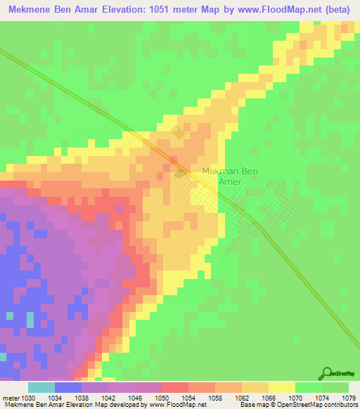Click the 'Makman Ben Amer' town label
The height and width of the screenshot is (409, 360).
tap(221, 176)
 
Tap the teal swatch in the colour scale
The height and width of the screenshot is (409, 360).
tap(41, 387)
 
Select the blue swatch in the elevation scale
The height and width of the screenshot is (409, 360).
tap(68, 387)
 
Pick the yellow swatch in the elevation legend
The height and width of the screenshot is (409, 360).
tap(282, 387)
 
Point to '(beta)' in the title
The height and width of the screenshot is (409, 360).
tap(336, 10)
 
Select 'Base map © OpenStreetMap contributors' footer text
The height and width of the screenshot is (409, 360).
tap(296, 405)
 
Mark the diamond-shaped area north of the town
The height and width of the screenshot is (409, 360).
tap(178, 131)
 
